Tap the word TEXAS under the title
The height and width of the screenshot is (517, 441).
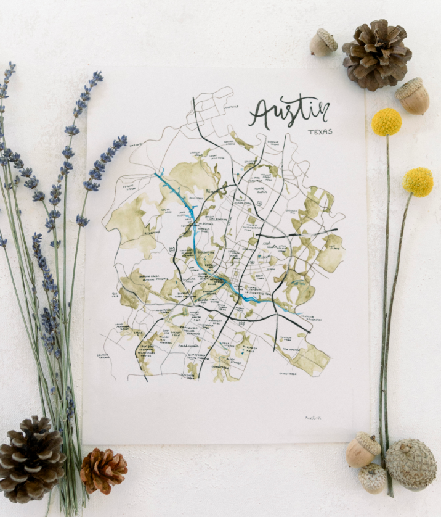click(x=320, y=131)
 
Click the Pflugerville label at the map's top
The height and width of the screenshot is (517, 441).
click(x=231, y=107)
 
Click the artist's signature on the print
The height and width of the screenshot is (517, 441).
click(x=314, y=418)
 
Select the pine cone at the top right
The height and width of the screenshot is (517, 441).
click(x=376, y=54)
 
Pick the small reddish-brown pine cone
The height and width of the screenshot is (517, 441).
click(x=103, y=470)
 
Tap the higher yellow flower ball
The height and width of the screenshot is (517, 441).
click(x=386, y=122)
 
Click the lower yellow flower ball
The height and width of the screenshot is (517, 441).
click(x=418, y=182)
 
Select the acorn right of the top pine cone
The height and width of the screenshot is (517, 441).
click(x=413, y=96)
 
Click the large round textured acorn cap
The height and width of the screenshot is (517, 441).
click(x=411, y=464)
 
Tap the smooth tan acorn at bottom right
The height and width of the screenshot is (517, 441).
click(x=362, y=450)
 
